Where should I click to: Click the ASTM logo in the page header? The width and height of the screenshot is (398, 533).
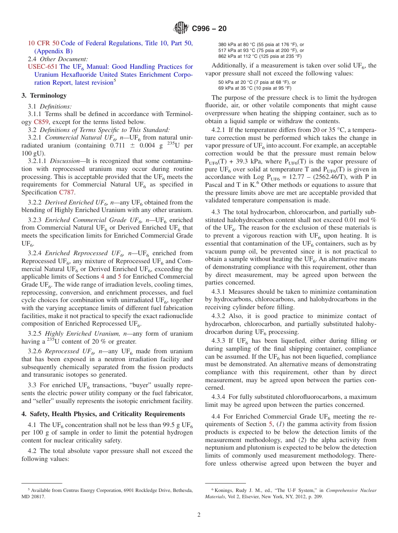pos(181,28)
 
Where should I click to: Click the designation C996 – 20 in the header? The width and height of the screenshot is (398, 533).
pos(209,28)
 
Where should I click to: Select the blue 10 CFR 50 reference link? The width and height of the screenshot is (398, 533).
pos(44,43)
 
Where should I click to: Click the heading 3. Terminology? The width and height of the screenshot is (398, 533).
pos(44,96)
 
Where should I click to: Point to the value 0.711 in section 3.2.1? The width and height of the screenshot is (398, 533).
pos(117,145)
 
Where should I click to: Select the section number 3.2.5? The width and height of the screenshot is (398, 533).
pos(35,334)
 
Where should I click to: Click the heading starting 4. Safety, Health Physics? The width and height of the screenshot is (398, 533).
pos(103,414)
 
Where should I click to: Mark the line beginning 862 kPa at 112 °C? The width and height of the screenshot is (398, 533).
pos(260,56)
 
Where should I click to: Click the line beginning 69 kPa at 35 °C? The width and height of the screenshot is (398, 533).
pos(255,88)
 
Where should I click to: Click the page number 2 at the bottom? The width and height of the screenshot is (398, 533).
pos(199,515)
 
